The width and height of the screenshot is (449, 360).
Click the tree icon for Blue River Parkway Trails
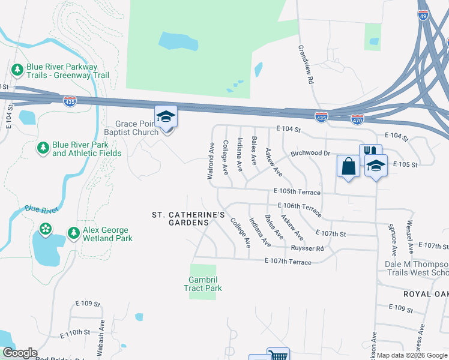[x=17, y=70]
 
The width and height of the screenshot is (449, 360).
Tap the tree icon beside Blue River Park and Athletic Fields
[x=43, y=148]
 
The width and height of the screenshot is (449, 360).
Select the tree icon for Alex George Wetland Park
[x=73, y=233]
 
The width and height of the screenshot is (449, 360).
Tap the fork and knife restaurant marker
[x=370, y=153]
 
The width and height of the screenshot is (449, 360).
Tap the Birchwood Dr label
[x=311, y=153]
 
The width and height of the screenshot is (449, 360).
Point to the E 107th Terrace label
[x=288, y=262]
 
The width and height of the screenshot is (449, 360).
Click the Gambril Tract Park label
[x=203, y=284]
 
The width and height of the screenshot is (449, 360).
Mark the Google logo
[x=19, y=353]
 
